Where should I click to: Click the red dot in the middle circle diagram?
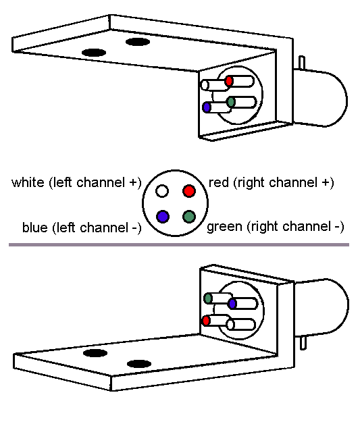tap(189, 191)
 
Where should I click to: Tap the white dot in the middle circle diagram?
tap(162, 191)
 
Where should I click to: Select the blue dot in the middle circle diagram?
tap(163, 216)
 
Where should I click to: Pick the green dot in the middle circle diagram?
tap(189, 216)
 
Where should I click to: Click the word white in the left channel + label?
tap(28, 182)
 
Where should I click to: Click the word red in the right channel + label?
tap(219, 182)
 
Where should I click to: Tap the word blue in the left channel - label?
tap(34, 227)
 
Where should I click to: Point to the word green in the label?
tap(224, 227)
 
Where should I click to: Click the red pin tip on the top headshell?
tap(229, 81)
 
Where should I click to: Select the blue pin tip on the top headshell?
tap(207, 107)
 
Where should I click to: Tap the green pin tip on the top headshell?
tap(231, 102)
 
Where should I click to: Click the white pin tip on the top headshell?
tap(205, 85)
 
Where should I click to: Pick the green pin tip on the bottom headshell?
tap(208, 298)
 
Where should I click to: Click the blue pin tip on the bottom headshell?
tap(232, 303)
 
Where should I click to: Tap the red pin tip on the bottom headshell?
tap(206, 321)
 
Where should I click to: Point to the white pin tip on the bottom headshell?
tap(230, 325)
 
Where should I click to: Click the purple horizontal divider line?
tap(179, 244)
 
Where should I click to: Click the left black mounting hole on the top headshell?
tap(94, 53)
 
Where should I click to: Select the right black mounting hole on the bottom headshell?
tap(139, 364)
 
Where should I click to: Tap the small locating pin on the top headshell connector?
tap(302, 63)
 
